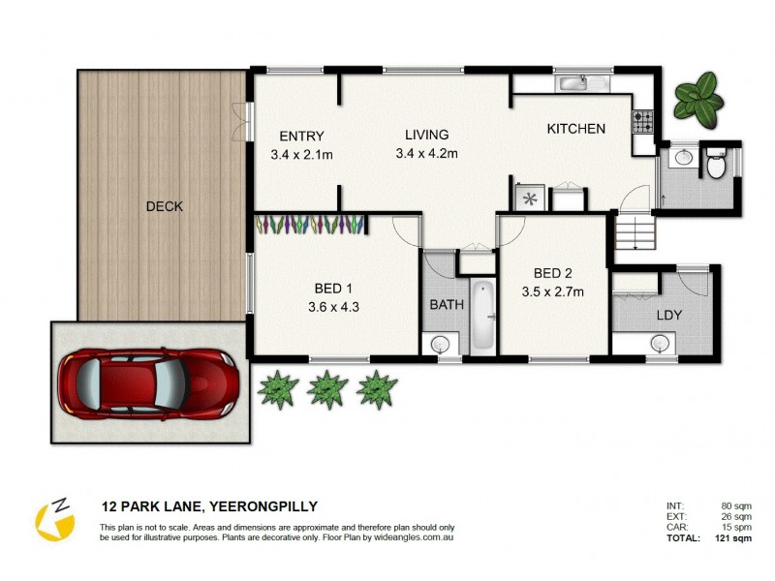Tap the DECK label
164,206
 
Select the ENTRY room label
301,136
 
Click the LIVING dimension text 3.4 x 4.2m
426,153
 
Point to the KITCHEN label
575,129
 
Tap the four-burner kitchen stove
643,122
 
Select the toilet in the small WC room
716,165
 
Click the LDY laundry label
667,315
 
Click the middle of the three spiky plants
326,389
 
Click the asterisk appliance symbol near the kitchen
528,198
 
